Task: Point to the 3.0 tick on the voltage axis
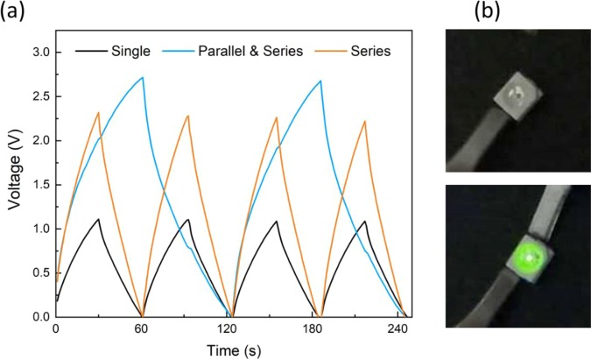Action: pos(40,52)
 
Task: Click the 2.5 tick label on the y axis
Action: pos(40,96)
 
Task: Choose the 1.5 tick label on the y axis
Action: pos(40,185)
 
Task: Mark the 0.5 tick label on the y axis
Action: pos(40,273)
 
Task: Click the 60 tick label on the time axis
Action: pos(143,331)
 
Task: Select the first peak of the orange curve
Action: pos(98,112)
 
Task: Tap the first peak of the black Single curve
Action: pos(99,219)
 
